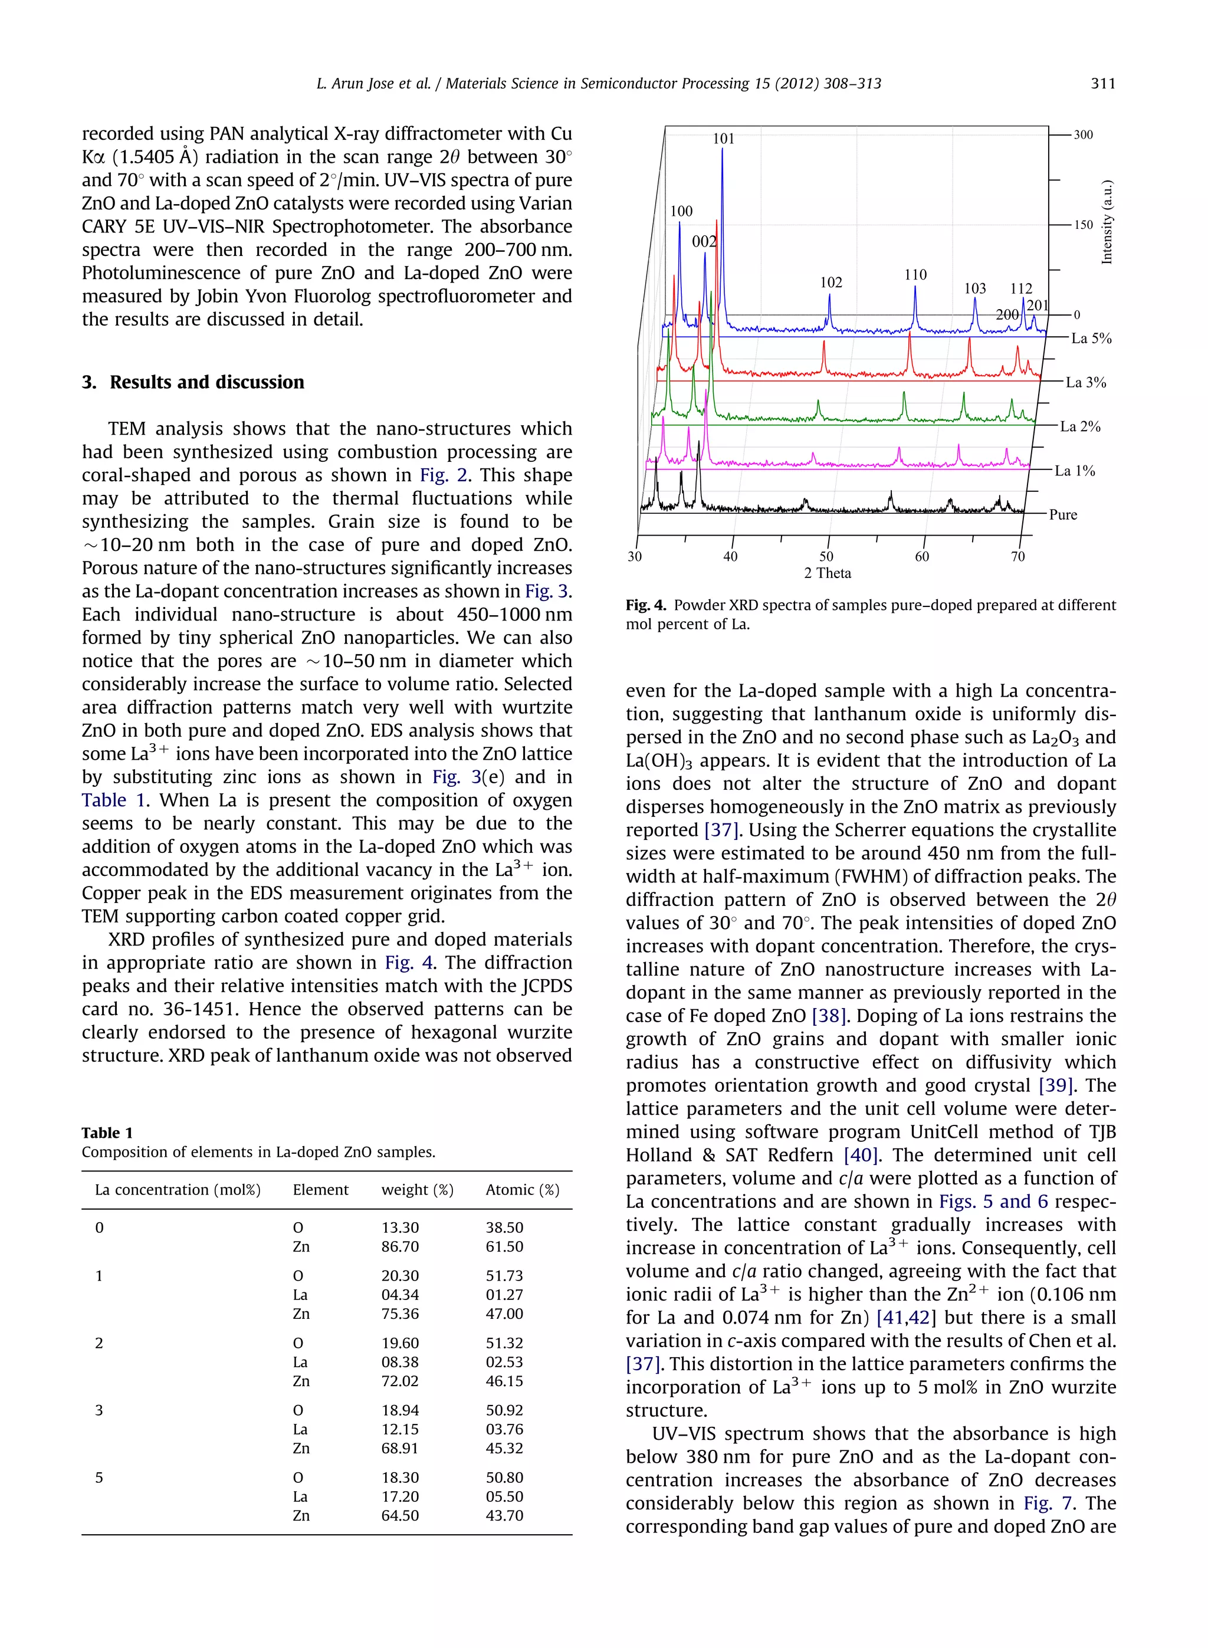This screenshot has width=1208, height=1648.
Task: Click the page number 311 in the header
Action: [1102, 83]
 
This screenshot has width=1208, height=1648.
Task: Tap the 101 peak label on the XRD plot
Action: [723, 138]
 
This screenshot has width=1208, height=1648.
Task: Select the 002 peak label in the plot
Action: [704, 241]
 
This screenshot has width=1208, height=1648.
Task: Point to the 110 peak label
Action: [915, 275]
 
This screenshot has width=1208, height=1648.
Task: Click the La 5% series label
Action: [1091, 339]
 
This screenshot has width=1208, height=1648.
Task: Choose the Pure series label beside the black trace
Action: [1063, 515]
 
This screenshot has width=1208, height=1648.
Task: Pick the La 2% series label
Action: [1080, 426]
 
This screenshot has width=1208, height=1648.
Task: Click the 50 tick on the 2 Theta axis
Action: [826, 556]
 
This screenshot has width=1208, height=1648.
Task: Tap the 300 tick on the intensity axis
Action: [1083, 134]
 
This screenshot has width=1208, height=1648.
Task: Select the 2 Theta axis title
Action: [827, 573]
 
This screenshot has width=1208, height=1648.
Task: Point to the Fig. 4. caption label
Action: [646, 605]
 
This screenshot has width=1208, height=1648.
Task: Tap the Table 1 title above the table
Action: [107, 1132]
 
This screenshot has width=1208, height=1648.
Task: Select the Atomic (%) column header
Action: [522, 1190]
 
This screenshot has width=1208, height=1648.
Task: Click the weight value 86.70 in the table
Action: [400, 1246]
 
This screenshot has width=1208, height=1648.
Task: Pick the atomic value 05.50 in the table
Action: [504, 1496]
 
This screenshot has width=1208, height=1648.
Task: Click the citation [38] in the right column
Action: [829, 1016]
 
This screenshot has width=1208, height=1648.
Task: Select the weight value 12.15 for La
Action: [400, 1429]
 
